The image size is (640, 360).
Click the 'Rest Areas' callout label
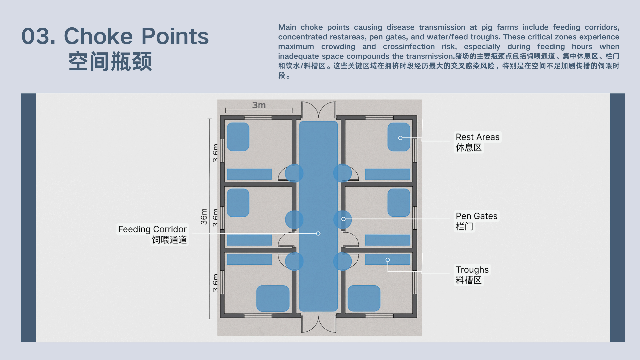(477, 137)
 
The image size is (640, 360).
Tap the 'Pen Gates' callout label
(476, 216)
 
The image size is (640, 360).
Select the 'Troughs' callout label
(472, 270)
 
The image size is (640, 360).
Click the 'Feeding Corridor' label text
(152, 229)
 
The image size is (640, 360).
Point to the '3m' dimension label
(259, 105)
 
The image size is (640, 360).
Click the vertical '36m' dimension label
(204, 216)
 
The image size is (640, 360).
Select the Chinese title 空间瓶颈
(110, 62)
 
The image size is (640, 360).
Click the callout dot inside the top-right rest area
(400, 138)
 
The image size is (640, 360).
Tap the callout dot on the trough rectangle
(387, 260)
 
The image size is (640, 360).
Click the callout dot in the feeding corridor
(318, 233)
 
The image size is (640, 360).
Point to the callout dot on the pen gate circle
(343, 219)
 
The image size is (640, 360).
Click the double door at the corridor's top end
(319, 110)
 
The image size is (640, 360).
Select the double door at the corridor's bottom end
(319, 324)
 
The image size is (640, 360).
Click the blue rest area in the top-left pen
(238, 137)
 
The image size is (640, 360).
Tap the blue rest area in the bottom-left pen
(273, 298)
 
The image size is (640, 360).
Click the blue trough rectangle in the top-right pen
(387, 174)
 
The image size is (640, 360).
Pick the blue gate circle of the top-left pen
(294, 173)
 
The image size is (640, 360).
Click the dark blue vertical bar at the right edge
(618, 218)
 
